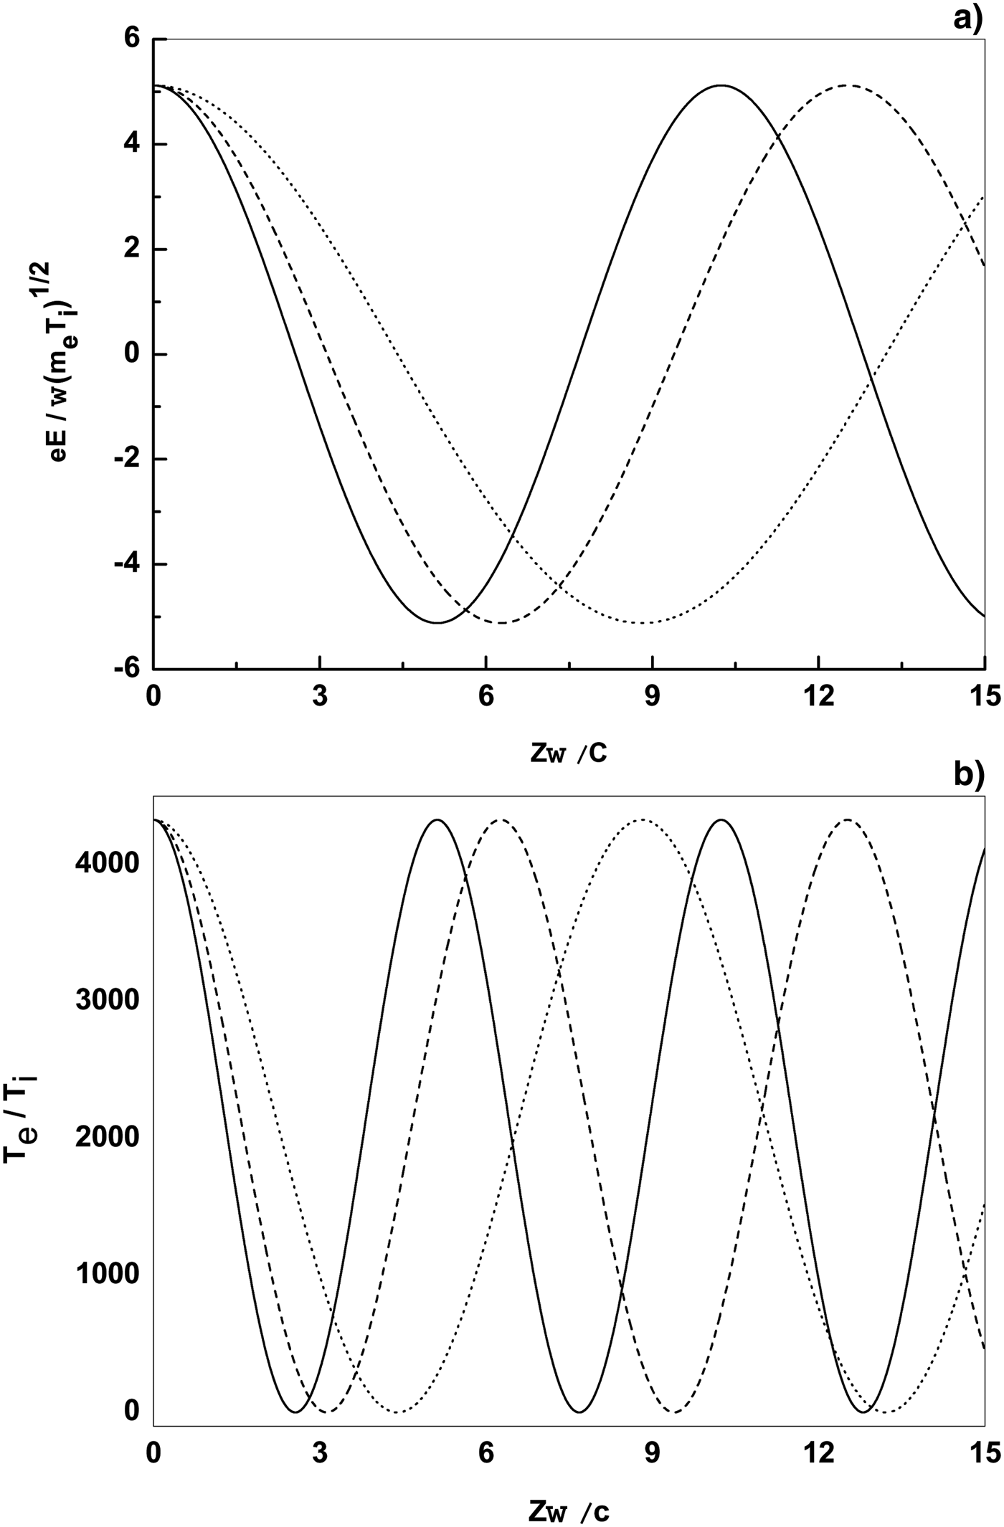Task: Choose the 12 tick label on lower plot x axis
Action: tap(818, 1452)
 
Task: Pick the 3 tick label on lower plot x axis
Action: tap(319, 1452)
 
